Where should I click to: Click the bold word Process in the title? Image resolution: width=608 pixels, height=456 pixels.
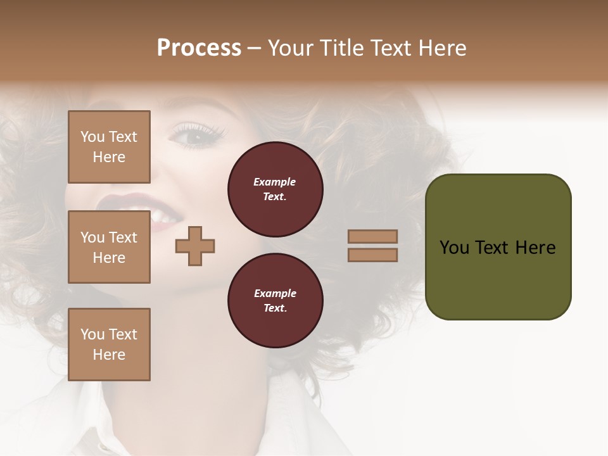point(199,48)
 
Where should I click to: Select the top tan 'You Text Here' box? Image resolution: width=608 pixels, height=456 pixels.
point(109,147)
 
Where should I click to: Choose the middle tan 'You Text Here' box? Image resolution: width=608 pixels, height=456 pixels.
point(109,247)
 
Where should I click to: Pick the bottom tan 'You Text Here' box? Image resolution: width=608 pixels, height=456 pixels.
point(109,345)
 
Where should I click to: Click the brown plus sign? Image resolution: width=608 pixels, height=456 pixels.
point(195,245)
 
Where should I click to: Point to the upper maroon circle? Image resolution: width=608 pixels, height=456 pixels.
point(275,189)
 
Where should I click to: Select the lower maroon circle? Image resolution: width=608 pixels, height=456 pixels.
point(275,301)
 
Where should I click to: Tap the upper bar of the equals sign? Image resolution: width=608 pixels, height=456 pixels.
point(373,237)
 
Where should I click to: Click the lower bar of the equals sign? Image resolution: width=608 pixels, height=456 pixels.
point(373,255)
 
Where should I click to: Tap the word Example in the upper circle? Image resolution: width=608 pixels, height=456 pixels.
point(275,182)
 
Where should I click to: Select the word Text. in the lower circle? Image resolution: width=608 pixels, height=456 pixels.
point(275,308)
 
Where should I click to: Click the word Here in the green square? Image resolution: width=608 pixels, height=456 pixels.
point(535,248)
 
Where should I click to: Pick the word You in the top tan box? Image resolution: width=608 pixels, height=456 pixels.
point(92,137)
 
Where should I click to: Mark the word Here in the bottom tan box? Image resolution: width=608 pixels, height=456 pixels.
point(109,355)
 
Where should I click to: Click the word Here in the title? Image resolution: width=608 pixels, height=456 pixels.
point(442,48)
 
